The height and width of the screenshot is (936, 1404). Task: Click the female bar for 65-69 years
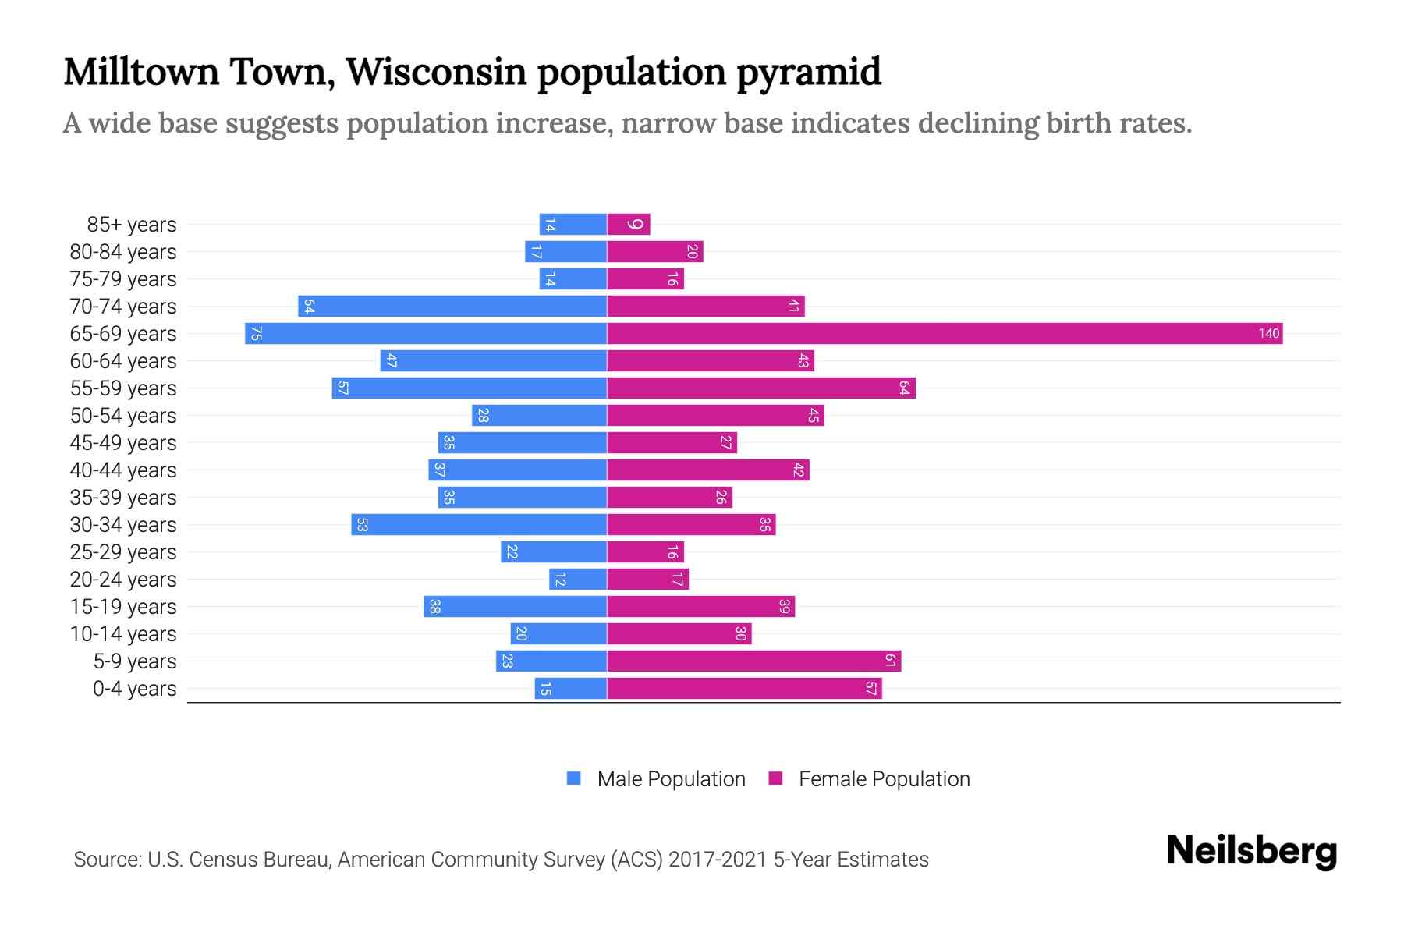point(944,334)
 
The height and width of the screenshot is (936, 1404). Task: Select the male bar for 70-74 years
point(452,307)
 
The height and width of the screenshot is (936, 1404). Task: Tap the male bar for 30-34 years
point(479,525)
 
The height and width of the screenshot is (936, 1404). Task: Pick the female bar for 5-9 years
point(753,661)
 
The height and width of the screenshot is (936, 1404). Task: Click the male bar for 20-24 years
point(578,580)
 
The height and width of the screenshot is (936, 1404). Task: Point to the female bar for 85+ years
point(628,225)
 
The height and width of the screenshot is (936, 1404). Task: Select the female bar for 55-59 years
point(760,388)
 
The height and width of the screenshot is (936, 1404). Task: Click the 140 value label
point(1268,334)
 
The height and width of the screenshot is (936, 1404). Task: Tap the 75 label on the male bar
point(256,334)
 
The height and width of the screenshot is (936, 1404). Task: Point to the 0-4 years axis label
point(134,689)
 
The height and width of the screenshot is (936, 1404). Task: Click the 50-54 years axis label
point(123,416)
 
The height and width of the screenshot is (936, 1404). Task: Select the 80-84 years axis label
point(123,252)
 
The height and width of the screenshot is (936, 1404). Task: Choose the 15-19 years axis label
point(123,607)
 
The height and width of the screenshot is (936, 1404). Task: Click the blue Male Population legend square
point(574,778)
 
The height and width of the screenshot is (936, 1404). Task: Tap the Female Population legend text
point(884,779)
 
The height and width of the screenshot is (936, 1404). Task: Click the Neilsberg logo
point(1251,851)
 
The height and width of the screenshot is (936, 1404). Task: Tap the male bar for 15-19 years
point(515,607)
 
